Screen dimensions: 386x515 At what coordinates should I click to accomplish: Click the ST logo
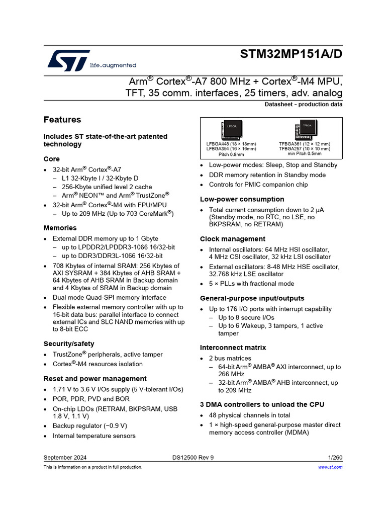(69, 59)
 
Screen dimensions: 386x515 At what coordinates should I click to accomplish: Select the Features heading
(62, 120)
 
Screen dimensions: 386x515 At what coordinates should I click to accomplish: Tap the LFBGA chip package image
(231, 130)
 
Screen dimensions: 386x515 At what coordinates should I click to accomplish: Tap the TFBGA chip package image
(307, 129)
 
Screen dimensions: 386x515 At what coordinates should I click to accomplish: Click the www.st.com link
(330, 467)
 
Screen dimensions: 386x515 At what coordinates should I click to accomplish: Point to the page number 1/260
(335, 457)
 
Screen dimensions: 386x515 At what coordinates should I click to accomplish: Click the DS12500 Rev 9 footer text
(193, 457)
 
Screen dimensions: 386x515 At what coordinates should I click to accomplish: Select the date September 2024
(65, 457)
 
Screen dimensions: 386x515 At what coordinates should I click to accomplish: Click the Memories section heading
(60, 228)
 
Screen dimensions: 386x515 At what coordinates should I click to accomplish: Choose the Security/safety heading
(69, 344)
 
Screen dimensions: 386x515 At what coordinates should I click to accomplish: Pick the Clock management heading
(233, 239)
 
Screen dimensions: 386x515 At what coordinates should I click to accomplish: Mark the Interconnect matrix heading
(233, 348)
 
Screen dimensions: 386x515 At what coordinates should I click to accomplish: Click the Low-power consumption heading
(242, 199)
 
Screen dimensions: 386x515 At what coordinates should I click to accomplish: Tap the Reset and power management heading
(95, 379)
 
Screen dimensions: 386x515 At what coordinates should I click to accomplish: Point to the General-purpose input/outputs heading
(252, 298)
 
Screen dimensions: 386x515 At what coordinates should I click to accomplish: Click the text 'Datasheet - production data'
(304, 105)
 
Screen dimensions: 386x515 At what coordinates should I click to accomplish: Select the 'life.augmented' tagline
(113, 65)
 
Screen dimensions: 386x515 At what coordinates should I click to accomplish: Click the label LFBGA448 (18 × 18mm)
(231, 144)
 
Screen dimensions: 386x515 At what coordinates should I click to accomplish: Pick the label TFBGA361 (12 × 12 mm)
(305, 144)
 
